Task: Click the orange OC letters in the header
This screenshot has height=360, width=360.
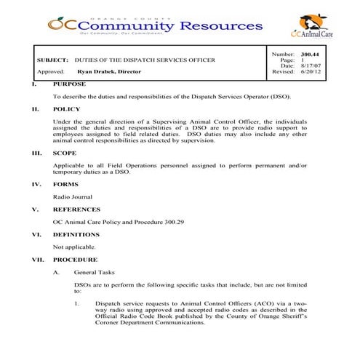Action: coord(60,25)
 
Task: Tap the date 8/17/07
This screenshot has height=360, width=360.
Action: coord(311,66)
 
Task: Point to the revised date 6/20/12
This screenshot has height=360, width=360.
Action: coord(311,73)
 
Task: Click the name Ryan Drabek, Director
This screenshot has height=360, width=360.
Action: coord(109,72)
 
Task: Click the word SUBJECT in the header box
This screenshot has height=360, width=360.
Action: coord(52,60)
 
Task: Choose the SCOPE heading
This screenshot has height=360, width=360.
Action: coord(65,153)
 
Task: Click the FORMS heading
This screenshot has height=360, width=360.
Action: coord(65,184)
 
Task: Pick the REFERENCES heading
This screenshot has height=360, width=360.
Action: coord(76,209)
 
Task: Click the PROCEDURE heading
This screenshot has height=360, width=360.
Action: coord(75,259)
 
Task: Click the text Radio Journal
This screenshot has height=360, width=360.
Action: coord(73,196)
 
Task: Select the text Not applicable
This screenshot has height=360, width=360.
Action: coord(74,247)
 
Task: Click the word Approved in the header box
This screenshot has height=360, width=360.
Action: coord(49,72)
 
